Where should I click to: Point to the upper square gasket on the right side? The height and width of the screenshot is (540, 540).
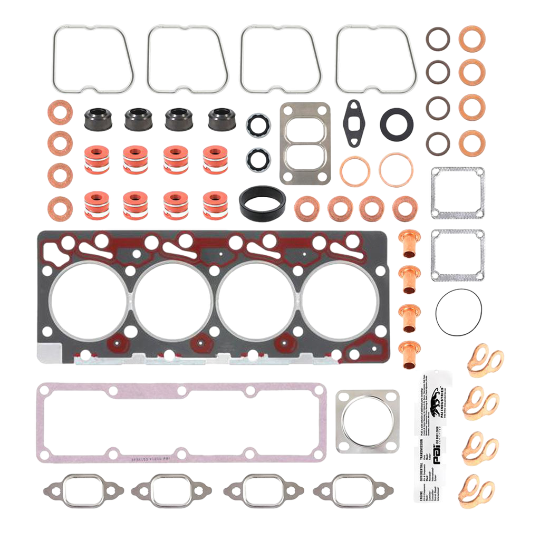[x=457, y=193]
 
